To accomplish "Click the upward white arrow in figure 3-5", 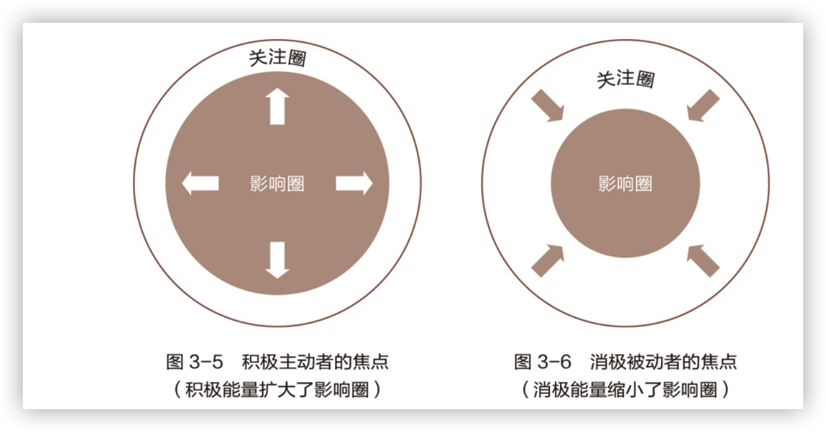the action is (277, 106).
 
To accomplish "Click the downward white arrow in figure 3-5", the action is (277, 260).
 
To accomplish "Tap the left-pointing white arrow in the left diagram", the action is (200, 184).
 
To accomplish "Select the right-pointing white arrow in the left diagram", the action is (353, 184).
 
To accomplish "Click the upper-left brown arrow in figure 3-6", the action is (547, 105).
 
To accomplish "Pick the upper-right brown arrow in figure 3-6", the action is (703, 105).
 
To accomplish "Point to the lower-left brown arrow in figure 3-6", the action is (547, 260).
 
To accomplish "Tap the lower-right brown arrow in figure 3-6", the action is (703, 260).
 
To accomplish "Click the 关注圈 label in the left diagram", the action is (277, 58).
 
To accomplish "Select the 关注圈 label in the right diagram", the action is (625, 79).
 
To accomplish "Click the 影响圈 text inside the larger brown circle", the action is (277, 184).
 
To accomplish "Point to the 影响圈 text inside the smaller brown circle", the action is (625, 184).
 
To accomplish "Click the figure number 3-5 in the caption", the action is (206, 362).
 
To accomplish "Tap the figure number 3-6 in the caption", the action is (554, 362).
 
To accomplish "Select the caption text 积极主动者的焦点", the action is (315, 362).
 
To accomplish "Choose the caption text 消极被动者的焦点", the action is (663, 362).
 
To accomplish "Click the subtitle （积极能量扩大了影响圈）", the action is (277, 390).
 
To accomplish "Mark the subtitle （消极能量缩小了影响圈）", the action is (625, 390).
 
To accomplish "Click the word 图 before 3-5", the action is (175, 362).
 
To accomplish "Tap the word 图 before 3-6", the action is (523, 362).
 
